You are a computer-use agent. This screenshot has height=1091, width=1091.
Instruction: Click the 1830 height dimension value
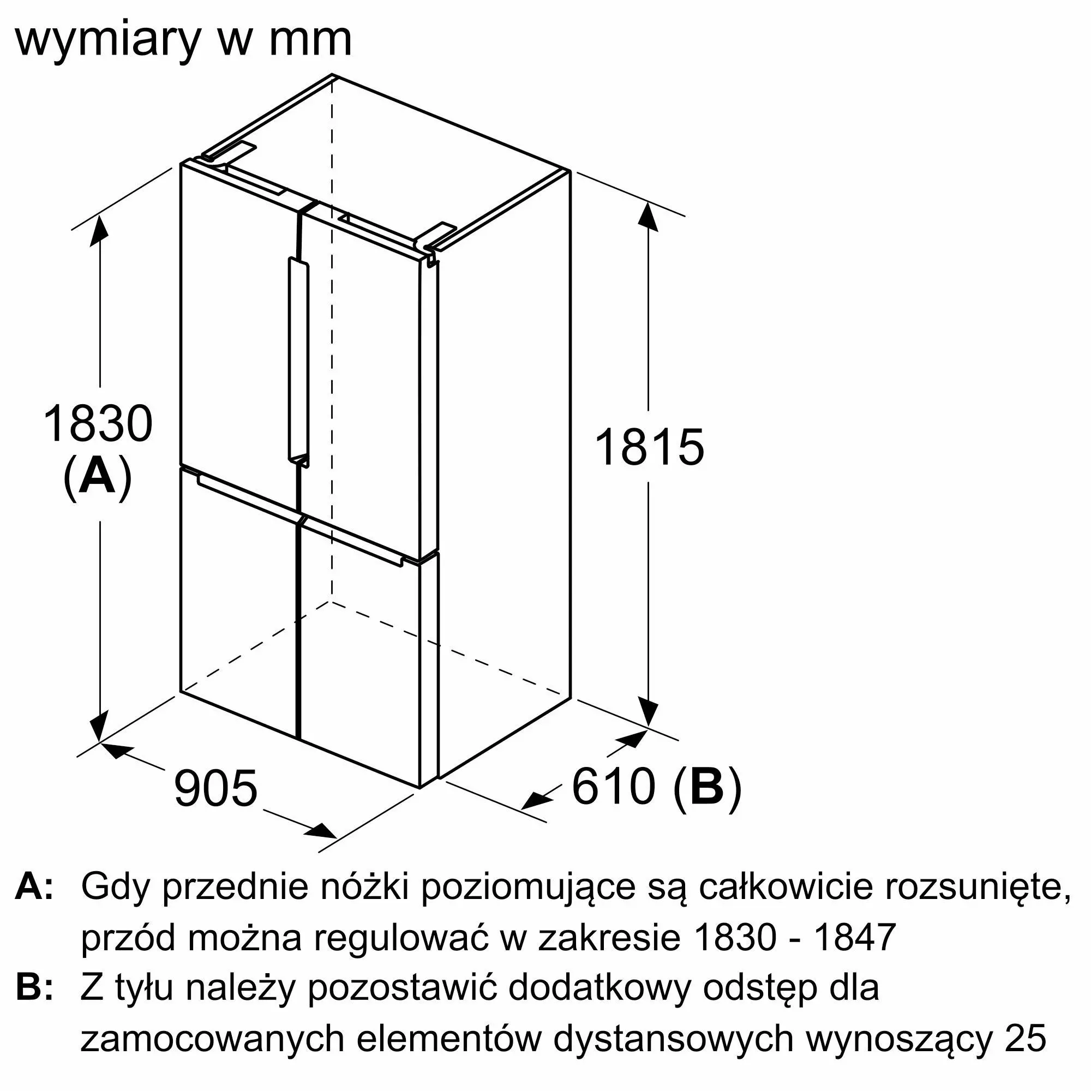pos(98,424)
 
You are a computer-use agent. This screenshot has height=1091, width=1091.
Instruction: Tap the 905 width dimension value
pos(215,788)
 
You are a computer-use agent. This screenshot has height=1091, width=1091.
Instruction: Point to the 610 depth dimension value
pos(614,786)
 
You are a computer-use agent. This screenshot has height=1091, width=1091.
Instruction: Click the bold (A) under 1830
pos(98,479)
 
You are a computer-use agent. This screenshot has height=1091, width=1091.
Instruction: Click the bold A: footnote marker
pos(34,887)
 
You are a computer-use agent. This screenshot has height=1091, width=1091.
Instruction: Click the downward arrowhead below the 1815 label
pos(649,711)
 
